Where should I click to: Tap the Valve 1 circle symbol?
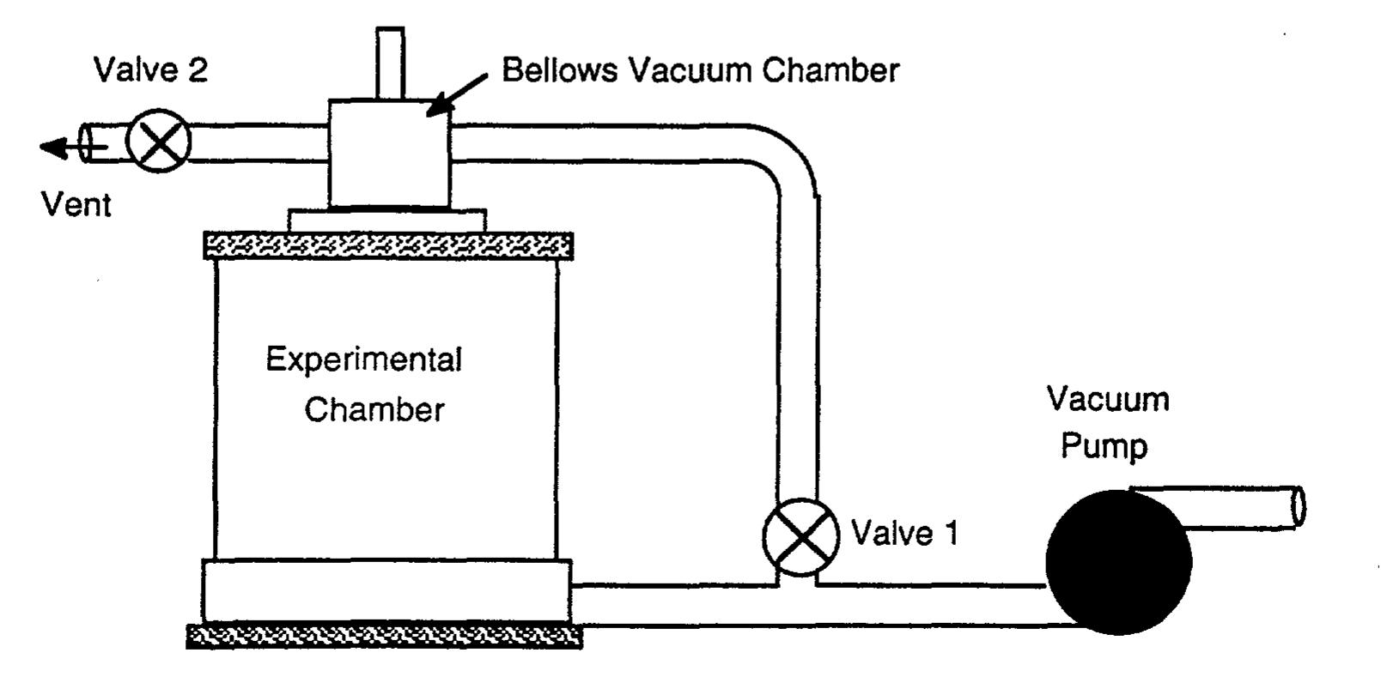800,536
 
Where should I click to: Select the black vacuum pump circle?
1117,562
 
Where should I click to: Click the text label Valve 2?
150,70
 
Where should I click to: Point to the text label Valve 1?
903,534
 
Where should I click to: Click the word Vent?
76,205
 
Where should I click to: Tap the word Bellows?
559,70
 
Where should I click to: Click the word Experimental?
363,360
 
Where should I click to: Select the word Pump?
1104,447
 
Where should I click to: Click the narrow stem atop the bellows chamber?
390,62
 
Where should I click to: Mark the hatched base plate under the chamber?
384,637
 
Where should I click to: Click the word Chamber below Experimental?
374,410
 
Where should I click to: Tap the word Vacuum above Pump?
1107,400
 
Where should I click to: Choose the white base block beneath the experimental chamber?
386,590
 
